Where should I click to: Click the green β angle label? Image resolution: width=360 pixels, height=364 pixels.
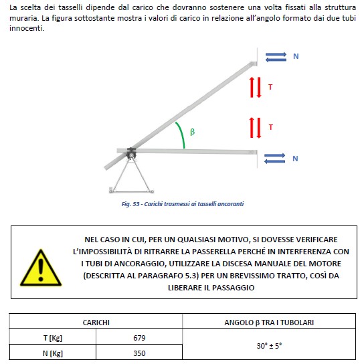click(x=193, y=132)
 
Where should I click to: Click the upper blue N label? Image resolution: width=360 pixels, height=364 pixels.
click(x=296, y=56)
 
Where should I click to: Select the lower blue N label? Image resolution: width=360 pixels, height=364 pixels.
click(x=295, y=159)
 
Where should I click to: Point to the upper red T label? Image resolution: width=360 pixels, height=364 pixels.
click(x=270, y=87)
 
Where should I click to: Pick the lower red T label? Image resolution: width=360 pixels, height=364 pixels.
click(x=270, y=127)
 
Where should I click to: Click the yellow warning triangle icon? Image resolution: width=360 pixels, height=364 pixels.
click(x=41, y=268)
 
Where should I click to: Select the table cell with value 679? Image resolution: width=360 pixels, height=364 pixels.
click(x=139, y=338)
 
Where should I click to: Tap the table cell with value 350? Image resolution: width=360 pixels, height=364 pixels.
click(x=139, y=353)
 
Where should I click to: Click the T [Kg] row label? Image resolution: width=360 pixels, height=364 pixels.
click(x=53, y=338)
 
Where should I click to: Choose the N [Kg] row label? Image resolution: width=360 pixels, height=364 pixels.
click(x=53, y=353)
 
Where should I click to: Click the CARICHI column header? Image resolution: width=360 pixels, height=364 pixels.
click(x=96, y=323)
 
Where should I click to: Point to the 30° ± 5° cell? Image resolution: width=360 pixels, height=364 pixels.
click(x=269, y=346)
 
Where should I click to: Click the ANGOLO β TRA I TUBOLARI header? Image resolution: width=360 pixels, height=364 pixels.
click(x=269, y=323)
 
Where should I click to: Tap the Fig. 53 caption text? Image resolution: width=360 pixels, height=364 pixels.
click(x=183, y=204)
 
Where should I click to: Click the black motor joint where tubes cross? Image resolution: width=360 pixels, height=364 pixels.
click(x=131, y=153)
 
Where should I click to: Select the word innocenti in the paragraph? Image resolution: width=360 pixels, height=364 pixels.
click(x=27, y=28)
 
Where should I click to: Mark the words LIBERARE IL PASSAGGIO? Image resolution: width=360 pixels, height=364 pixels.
click(x=211, y=288)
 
